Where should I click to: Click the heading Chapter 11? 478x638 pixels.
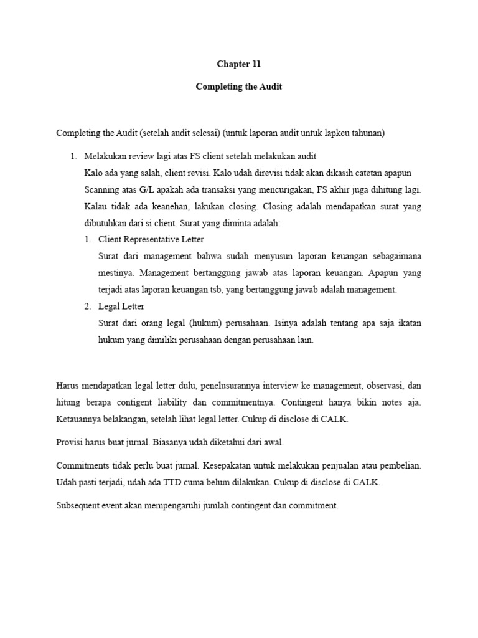239,64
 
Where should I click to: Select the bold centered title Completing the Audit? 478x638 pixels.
239,87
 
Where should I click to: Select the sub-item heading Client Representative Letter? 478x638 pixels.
151,239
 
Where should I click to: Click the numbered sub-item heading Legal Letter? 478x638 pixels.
121,307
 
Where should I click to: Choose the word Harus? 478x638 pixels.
68,386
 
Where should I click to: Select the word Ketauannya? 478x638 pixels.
80,419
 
